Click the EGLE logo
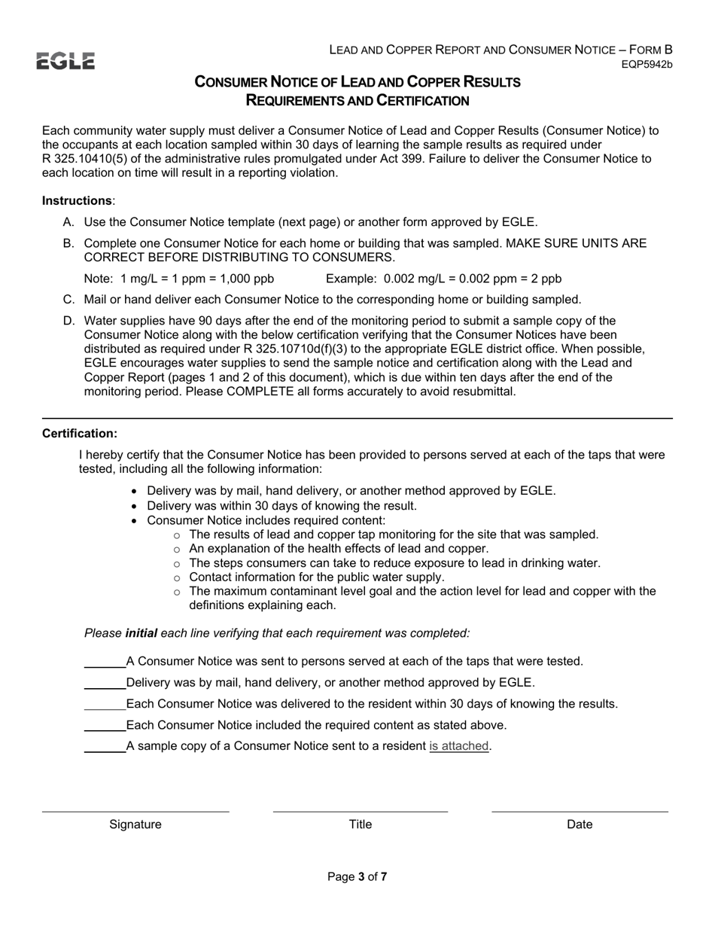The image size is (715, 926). tap(65, 61)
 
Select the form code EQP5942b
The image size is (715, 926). tap(647, 65)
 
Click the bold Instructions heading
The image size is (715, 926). tap(77, 200)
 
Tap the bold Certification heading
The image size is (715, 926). tap(80, 434)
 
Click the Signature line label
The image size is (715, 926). tap(135, 824)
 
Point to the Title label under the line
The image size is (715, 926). tap(360, 824)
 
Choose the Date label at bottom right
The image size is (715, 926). tap(580, 824)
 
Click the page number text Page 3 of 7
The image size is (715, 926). tap(357, 876)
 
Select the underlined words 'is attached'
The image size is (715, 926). tap(459, 746)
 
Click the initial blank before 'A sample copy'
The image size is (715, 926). tap(105, 748)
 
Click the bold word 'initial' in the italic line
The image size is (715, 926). tap(141, 633)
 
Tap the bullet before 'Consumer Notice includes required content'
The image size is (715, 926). tap(135, 521)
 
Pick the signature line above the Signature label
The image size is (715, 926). tap(135, 812)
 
